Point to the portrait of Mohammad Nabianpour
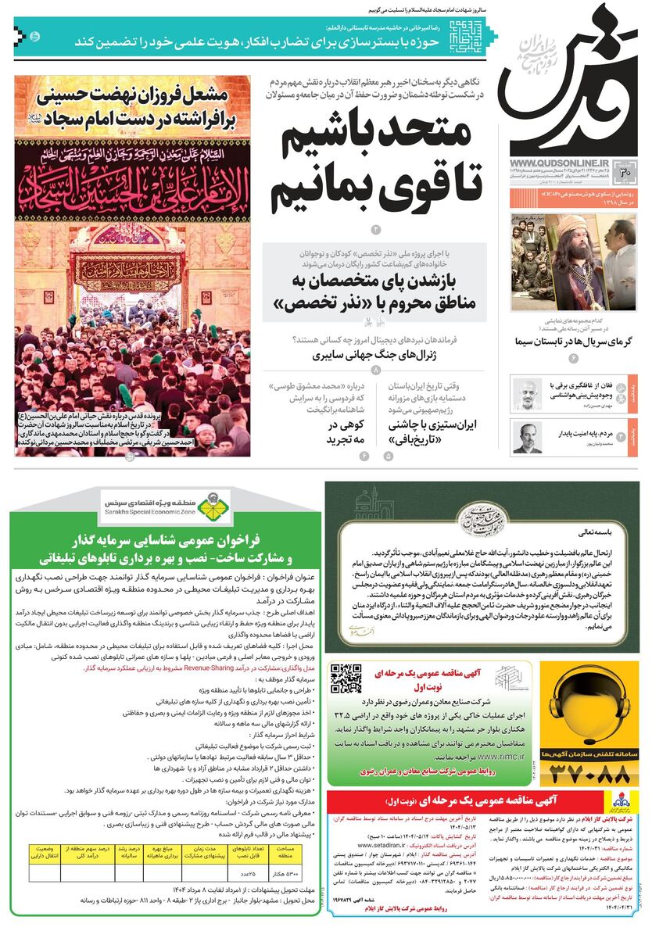pos(527,437)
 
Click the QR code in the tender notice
pos(346,679)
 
